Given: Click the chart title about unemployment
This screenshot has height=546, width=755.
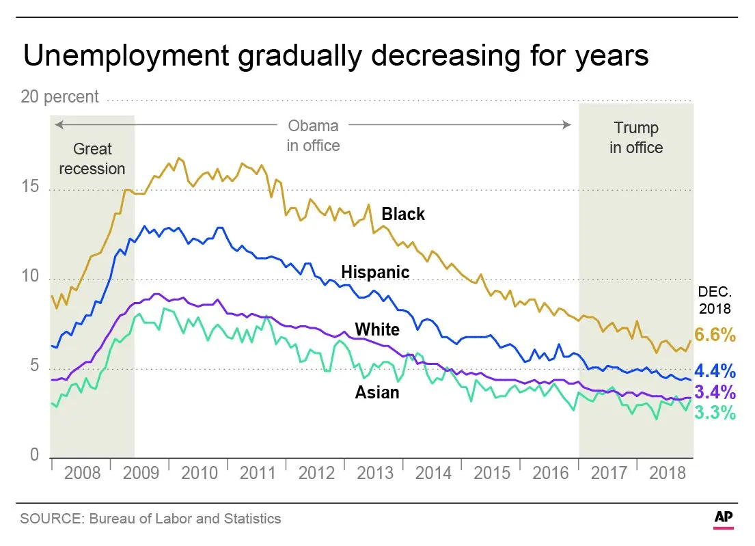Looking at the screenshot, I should (335, 56).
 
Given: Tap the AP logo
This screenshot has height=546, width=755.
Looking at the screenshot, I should (724, 517).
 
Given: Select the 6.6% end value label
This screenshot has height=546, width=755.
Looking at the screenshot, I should (716, 335).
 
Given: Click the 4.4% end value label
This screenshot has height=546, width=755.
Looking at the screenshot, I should (716, 372).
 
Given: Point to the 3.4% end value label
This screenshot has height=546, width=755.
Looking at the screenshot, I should (716, 392).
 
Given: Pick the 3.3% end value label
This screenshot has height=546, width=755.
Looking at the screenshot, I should (716, 413).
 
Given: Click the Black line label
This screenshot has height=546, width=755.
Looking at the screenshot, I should (403, 215).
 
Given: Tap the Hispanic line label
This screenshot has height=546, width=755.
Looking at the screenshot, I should (375, 273).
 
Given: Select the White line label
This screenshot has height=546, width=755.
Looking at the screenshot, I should (377, 329).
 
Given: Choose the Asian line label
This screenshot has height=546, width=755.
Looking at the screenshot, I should (377, 392).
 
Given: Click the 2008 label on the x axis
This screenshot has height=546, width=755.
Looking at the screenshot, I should (82, 473).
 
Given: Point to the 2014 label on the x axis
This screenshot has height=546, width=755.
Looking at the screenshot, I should (433, 473).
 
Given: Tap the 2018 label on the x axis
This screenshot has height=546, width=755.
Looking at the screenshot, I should (667, 473).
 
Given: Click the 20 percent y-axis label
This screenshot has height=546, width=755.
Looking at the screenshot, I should (60, 97).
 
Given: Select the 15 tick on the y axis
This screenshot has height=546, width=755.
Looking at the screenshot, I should (30, 189).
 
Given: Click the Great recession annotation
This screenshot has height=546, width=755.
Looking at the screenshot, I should (92, 159).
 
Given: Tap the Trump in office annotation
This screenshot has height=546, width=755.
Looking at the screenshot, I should (636, 137).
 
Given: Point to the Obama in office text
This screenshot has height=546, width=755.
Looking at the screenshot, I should (313, 135).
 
